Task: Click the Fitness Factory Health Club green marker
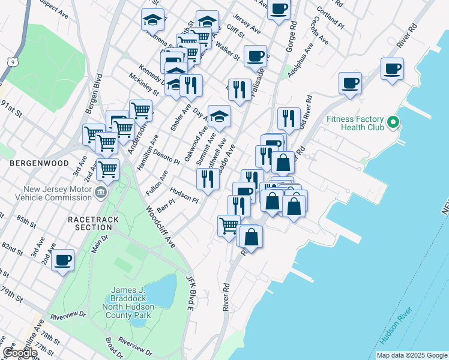tap(393, 123)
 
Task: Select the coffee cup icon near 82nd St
tap(62, 260)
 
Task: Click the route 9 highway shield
tap(12, 61)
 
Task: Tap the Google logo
tap(20, 352)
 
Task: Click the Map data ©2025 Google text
tap(411, 355)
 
